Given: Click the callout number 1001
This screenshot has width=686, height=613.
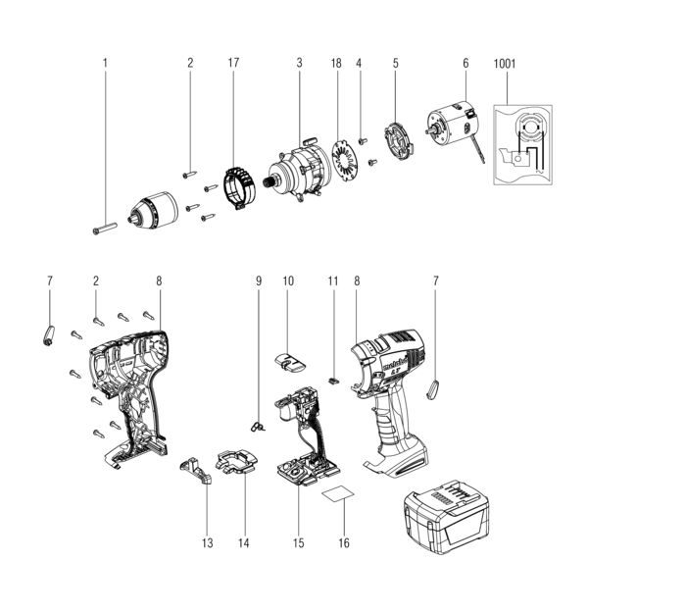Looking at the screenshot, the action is tap(506, 64).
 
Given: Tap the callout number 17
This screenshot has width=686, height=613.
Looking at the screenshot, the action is tap(233, 64).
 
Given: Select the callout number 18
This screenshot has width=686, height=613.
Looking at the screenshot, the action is tap(336, 64).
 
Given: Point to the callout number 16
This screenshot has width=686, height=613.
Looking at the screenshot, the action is tap(343, 542).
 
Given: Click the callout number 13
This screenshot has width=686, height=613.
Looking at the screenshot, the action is tap(207, 542).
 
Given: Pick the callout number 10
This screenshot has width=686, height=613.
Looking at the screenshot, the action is tap(288, 281).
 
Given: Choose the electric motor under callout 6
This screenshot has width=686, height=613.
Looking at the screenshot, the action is tap(452, 128).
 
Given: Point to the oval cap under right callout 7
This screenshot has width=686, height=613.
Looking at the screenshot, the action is tap(436, 389).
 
